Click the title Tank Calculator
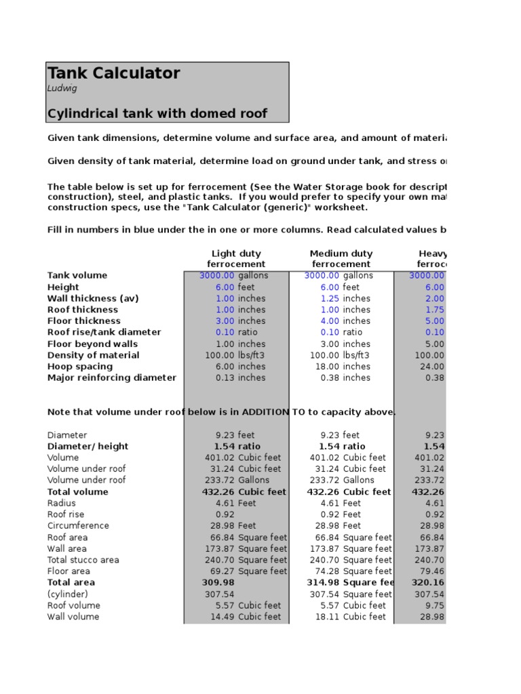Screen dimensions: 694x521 [x=114, y=73]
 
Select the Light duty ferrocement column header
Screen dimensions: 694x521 [x=236, y=259]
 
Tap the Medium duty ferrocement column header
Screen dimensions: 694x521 [x=341, y=259]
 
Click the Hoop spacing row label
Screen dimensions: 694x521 [x=80, y=367]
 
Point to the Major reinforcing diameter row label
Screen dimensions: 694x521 [x=112, y=378]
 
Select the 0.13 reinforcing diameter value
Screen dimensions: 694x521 [x=225, y=378]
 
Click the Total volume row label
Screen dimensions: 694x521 [x=77, y=492]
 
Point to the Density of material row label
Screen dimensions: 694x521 [x=94, y=355]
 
